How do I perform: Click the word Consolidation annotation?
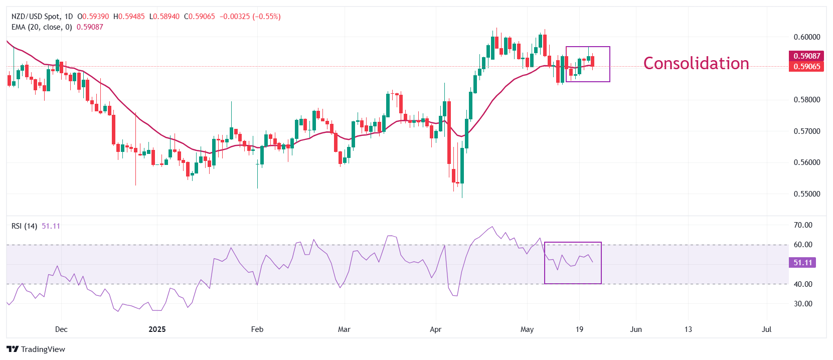click(696, 64)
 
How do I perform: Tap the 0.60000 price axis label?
click(806, 37)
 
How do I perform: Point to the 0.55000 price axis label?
click(806, 194)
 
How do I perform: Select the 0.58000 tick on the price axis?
click(806, 100)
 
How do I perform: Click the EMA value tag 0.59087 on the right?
click(806, 56)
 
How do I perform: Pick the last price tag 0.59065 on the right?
click(806, 67)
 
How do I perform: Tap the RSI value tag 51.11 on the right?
click(802, 263)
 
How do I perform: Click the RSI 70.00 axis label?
click(802, 225)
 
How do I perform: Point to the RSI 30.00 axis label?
click(802, 304)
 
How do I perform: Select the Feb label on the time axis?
click(257, 329)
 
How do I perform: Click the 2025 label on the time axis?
click(157, 329)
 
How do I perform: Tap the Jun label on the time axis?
click(635, 329)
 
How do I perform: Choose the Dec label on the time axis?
click(61, 329)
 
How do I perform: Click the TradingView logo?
click(36, 349)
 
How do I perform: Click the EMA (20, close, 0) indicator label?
click(42, 27)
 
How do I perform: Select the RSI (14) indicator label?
click(24, 226)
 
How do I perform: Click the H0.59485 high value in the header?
click(129, 17)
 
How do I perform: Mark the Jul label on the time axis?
click(766, 329)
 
